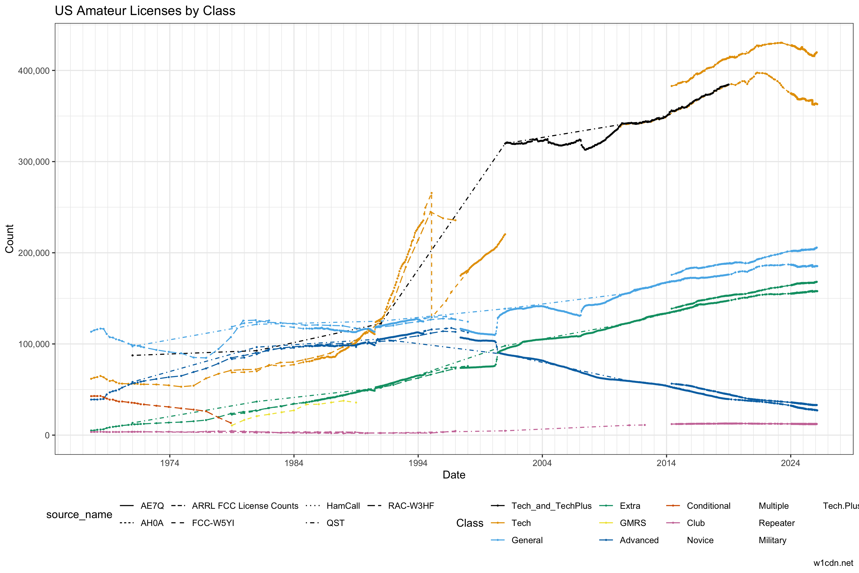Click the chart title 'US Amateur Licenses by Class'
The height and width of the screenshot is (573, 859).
click(x=145, y=11)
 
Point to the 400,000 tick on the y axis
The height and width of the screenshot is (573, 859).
click(x=34, y=70)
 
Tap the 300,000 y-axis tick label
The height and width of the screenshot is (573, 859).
click(x=34, y=162)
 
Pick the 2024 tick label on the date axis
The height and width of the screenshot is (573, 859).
click(x=790, y=463)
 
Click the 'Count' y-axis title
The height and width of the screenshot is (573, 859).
click(x=10, y=239)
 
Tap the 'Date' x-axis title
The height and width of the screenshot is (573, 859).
click(x=454, y=475)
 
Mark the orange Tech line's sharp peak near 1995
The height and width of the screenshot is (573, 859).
click(x=431, y=193)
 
